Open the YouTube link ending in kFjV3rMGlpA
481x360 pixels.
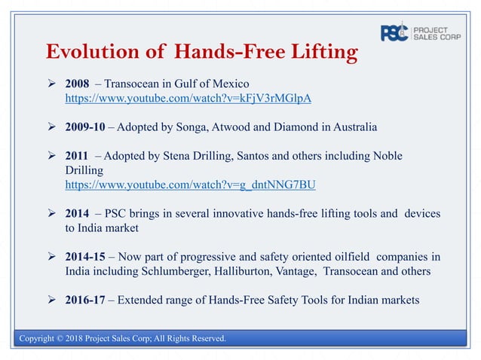188,98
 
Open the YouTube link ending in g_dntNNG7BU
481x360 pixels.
191,185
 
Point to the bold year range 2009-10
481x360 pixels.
87,127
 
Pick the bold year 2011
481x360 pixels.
78,156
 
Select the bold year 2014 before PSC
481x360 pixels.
78,214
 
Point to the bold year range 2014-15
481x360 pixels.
87,257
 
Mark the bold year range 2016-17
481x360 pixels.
87,301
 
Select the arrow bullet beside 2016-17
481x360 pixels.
53,301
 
